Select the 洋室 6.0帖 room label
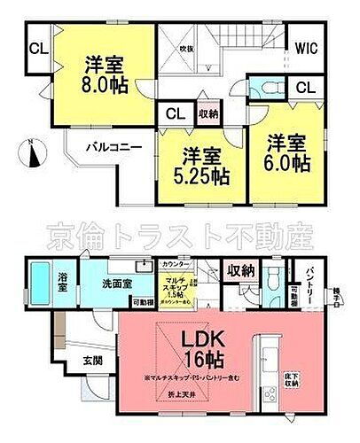(x=285, y=152)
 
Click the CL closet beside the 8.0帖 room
(x=38, y=50)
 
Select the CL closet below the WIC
(x=304, y=87)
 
